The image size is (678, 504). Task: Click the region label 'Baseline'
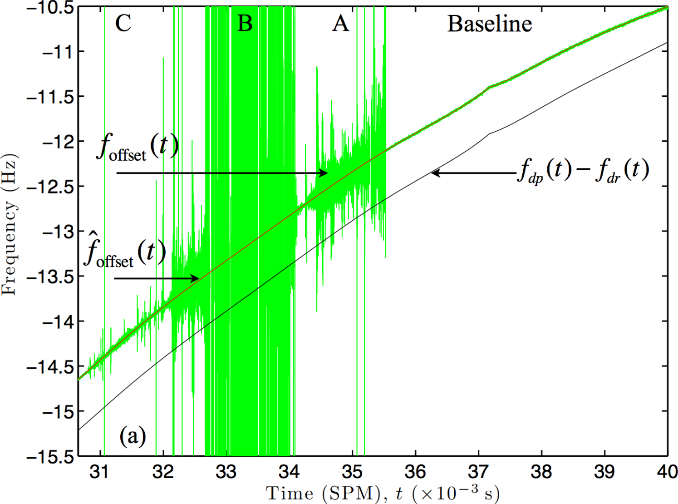(489, 24)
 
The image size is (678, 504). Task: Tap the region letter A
(340, 23)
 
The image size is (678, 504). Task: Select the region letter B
(245, 23)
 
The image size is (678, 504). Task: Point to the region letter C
(123, 23)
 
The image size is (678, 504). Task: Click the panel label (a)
(133, 436)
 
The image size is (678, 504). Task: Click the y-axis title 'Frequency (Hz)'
(9, 225)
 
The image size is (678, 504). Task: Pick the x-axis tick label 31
(99, 472)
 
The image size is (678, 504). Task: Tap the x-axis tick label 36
(415, 472)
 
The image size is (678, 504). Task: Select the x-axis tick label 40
(667, 472)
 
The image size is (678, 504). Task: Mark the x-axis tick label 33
(226, 472)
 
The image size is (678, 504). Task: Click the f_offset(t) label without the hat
(138, 148)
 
